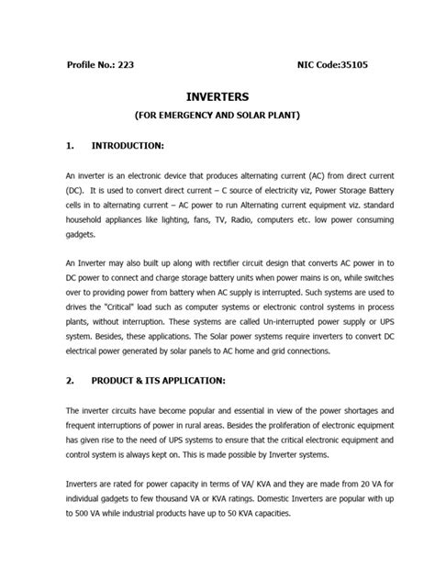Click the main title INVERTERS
click(217, 96)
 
